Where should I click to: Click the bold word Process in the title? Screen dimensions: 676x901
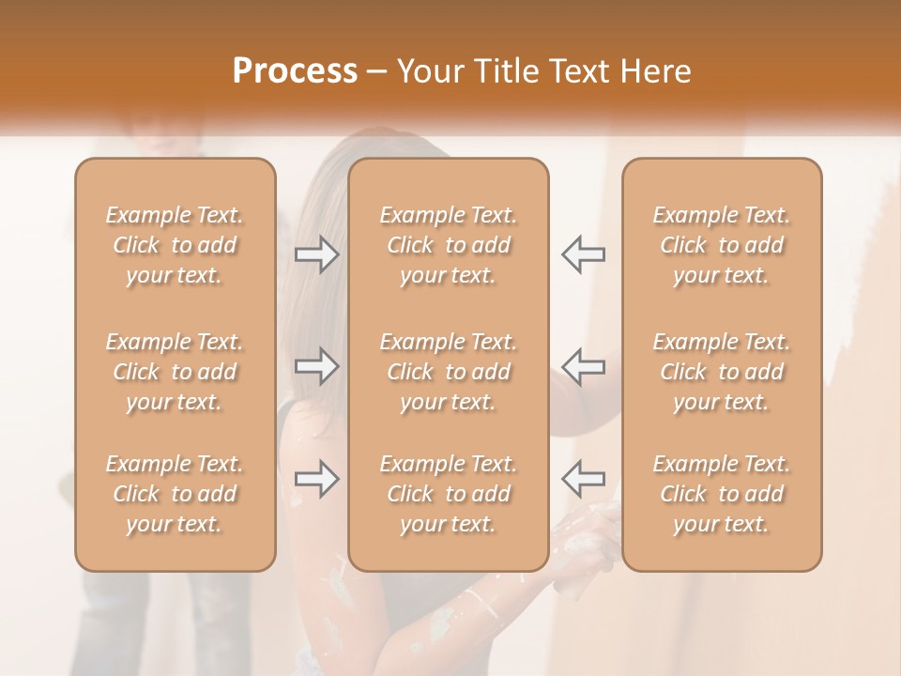295,71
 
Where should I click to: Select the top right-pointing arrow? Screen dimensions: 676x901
316,254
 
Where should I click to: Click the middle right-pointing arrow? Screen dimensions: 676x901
316,366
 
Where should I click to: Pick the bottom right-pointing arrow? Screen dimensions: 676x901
316,479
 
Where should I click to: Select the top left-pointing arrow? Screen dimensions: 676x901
583,254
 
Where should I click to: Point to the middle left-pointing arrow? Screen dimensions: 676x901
583,366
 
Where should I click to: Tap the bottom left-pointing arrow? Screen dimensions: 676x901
583,479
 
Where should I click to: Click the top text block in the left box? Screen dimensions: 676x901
175,245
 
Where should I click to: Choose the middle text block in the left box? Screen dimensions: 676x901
175,372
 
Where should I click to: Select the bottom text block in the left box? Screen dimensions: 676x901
175,494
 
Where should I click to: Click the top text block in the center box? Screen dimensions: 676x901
449,245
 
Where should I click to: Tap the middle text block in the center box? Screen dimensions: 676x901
449,372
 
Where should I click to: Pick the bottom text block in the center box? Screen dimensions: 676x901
449,494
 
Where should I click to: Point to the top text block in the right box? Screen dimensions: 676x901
722,245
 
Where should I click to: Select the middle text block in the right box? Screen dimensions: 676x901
722,372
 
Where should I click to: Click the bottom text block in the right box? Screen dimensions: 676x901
722,494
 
